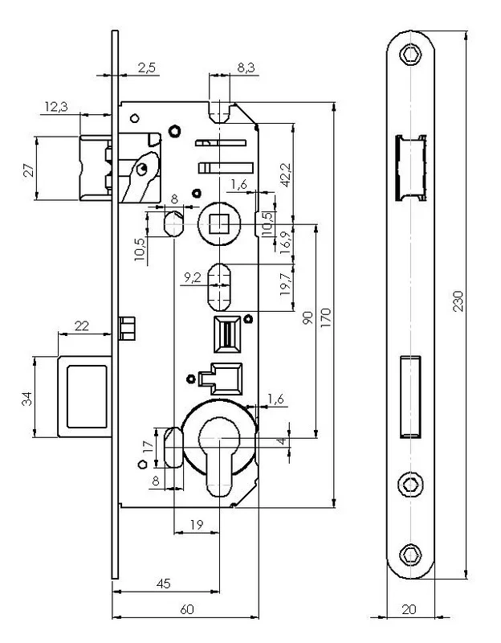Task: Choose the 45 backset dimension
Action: click(164, 584)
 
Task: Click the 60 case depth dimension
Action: click(185, 610)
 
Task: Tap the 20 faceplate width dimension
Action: click(409, 610)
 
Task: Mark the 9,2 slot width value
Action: click(193, 276)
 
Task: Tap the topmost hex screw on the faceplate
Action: click(409, 54)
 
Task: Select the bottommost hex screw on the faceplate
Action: click(409, 554)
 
